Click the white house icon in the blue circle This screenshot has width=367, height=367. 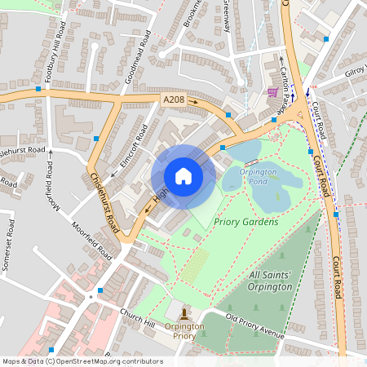pyautogui.click(x=183, y=176)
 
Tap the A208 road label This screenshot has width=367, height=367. pyautogui.click(x=173, y=99)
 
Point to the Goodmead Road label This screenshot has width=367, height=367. pyautogui.click(x=140, y=58)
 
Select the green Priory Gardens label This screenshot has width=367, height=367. pyautogui.click(x=245, y=222)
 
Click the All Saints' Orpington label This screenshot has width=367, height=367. pyautogui.click(x=270, y=281)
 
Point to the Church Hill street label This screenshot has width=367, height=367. pyautogui.click(x=137, y=314)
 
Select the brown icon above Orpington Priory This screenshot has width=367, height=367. pyautogui.click(x=184, y=312)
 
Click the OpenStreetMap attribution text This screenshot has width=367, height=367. pyautogui.click(x=82, y=361)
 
